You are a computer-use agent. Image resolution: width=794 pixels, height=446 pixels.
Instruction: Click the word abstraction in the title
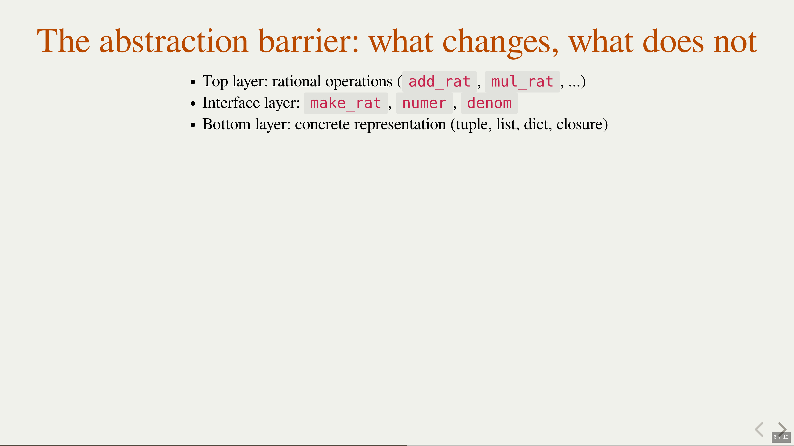pyautogui.click(x=174, y=41)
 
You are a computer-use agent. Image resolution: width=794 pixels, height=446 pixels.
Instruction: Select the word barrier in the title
pyautogui.click(x=309, y=41)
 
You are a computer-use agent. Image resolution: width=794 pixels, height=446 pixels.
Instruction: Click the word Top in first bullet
pyautogui.click(x=215, y=82)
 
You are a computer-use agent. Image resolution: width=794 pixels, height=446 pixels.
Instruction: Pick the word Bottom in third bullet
pyautogui.click(x=226, y=124)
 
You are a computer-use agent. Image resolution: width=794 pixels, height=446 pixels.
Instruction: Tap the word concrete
pyautogui.click(x=322, y=124)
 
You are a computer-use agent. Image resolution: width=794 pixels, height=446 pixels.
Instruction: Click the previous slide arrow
pyautogui.click(x=759, y=429)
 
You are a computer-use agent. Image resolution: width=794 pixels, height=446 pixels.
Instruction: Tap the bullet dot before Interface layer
pyautogui.click(x=193, y=103)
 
